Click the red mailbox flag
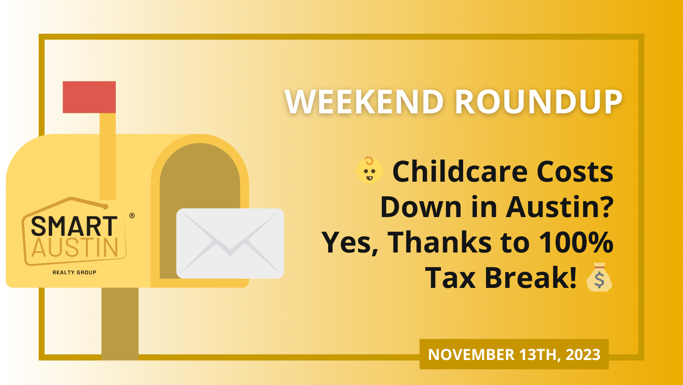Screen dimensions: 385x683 [x=89, y=97]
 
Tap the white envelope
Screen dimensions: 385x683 [x=230, y=243]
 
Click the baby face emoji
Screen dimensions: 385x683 [x=369, y=170]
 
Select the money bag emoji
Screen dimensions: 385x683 [x=599, y=277]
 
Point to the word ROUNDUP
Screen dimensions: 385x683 [x=538, y=102]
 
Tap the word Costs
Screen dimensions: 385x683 [x=575, y=172]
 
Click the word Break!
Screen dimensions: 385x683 [x=531, y=277]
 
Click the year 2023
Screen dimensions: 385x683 [x=583, y=355]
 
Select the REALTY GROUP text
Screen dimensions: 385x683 [x=75, y=272]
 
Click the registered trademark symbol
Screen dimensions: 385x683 [x=132, y=216]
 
